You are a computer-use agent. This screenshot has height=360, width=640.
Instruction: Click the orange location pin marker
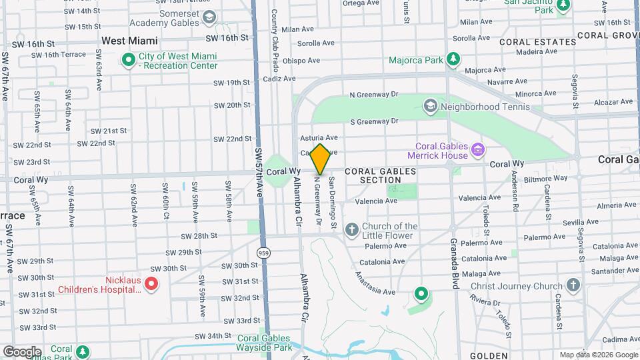(x=320, y=159)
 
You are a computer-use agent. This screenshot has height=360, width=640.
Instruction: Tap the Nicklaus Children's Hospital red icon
(x=151, y=285)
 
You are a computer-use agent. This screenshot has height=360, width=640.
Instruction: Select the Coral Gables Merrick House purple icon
(x=477, y=151)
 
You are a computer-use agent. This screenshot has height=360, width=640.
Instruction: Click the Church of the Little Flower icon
(x=352, y=231)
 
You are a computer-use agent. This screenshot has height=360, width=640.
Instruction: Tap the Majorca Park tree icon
(x=453, y=60)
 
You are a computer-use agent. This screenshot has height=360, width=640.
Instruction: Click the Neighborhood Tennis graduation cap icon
(x=431, y=107)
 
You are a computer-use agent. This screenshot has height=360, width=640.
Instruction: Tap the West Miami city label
(x=129, y=41)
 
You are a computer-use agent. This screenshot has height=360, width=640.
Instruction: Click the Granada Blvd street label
(x=453, y=264)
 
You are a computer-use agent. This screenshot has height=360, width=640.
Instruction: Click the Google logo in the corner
(x=22, y=352)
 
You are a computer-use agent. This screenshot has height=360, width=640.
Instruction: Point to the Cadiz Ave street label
(x=279, y=78)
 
